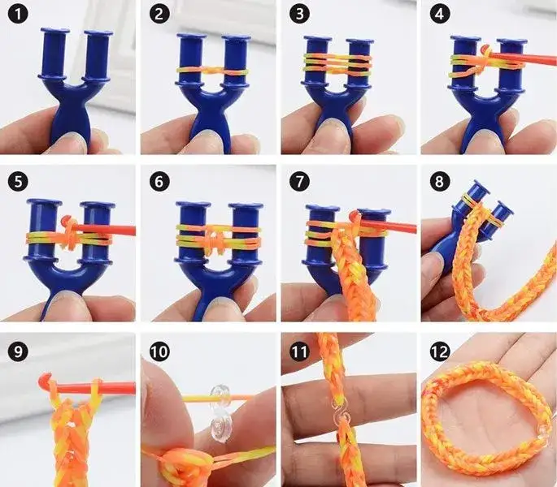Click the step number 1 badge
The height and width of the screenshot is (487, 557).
tap(17, 15)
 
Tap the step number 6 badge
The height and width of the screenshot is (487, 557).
tap(159, 182)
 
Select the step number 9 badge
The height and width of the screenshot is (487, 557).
tap(17, 351)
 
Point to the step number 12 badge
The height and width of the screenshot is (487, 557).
tap(439, 352)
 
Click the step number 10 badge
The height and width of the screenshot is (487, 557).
tap(159, 352)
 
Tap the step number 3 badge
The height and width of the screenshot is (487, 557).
tap(299, 14)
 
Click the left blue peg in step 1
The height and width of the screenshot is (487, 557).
tap(54, 54)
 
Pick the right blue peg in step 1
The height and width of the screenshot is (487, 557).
tap(98, 55)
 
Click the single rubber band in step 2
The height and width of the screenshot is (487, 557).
tap(212, 71)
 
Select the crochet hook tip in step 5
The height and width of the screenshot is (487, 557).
tap(65, 220)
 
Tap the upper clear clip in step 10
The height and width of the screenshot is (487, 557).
tap(219, 394)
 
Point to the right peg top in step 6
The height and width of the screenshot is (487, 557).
tap(246, 205)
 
